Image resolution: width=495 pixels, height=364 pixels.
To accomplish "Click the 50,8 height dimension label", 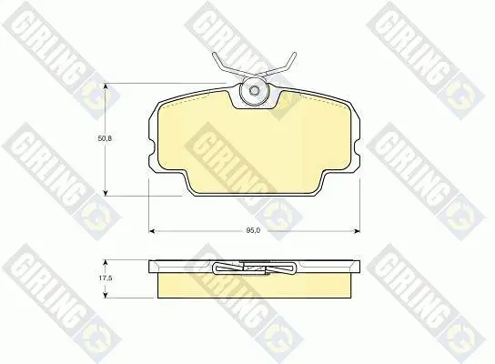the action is tap(105, 138).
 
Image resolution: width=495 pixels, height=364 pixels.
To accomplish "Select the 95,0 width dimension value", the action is tap(253, 230).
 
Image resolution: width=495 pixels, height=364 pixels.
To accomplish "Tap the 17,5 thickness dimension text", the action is tap(106, 278).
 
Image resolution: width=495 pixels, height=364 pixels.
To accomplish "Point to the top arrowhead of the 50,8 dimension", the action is tap(106, 86).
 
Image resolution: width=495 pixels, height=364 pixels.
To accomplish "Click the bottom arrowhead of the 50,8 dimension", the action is tap(106, 193).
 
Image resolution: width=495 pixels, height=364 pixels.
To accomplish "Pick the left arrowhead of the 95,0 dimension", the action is tap(152, 231).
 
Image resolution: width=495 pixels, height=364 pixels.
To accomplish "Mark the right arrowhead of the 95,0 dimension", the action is tap(357, 231).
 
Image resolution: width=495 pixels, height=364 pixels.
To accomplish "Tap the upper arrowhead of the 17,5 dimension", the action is tap(106, 263).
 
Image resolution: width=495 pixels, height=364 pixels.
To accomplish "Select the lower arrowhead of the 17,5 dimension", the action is tap(106, 295).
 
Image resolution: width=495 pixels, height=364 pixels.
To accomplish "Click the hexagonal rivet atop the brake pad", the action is tap(254, 91).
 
